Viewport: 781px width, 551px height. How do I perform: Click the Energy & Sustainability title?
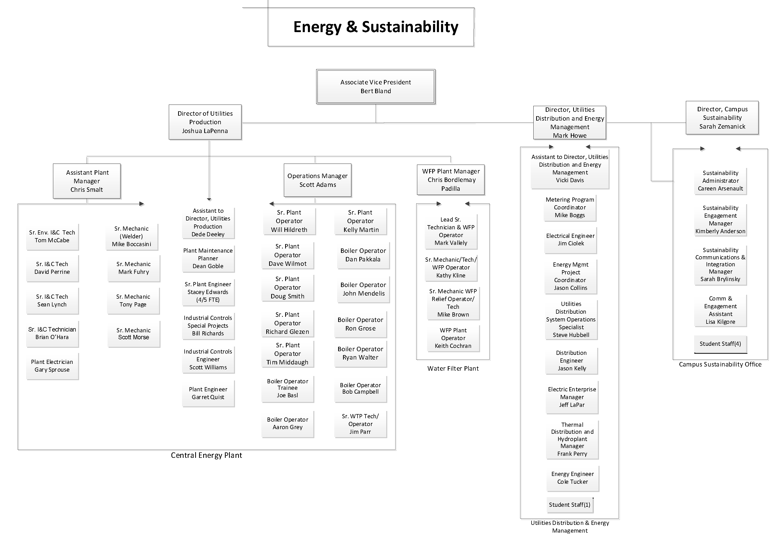376,27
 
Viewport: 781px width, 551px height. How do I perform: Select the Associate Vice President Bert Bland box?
376,86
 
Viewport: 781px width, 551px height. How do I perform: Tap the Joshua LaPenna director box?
205,122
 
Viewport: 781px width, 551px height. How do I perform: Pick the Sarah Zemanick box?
722,118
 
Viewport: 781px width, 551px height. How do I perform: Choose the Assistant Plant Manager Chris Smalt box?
87,181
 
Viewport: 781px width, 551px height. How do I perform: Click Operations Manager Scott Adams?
317,180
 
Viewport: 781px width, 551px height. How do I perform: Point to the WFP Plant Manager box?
451,180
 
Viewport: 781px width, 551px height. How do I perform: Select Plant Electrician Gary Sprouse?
52,366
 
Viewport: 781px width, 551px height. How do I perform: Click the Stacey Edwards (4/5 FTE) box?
208,292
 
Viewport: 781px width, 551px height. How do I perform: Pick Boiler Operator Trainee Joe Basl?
287,388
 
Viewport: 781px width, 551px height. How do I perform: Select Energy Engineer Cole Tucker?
572,478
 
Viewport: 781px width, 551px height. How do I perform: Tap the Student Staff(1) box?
570,505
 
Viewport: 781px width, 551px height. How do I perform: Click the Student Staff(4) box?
720,344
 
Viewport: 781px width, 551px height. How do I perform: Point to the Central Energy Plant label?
207,455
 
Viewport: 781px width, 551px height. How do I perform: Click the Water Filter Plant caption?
453,369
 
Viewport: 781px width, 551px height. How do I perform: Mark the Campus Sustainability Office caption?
720,364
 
